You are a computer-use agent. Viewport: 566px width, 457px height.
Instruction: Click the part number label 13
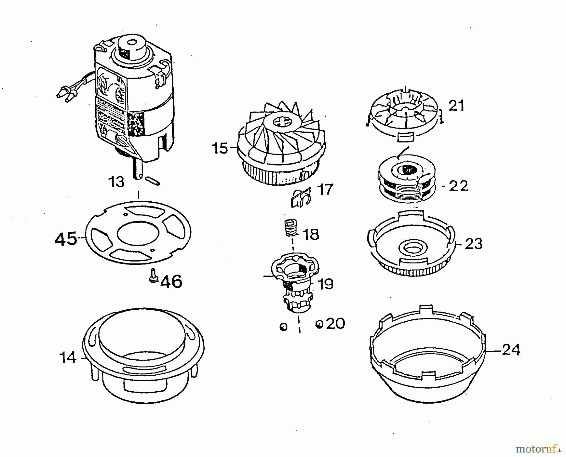click(x=117, y=182)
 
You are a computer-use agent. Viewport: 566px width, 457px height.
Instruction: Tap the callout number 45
click(x=66, y=239)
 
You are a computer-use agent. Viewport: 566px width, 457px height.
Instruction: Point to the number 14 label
click(x=68, y=358)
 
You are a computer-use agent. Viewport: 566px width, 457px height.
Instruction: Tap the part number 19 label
click(x=325, y=284)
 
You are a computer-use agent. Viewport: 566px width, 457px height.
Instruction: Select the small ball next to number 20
click(x=319, y=324)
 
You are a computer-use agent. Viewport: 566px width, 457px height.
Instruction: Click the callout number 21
click(x=456, y=106)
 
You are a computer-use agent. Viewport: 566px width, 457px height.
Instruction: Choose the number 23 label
click(x=473, y=243)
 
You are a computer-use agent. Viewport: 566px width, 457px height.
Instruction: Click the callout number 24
click(x=511, y=350)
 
